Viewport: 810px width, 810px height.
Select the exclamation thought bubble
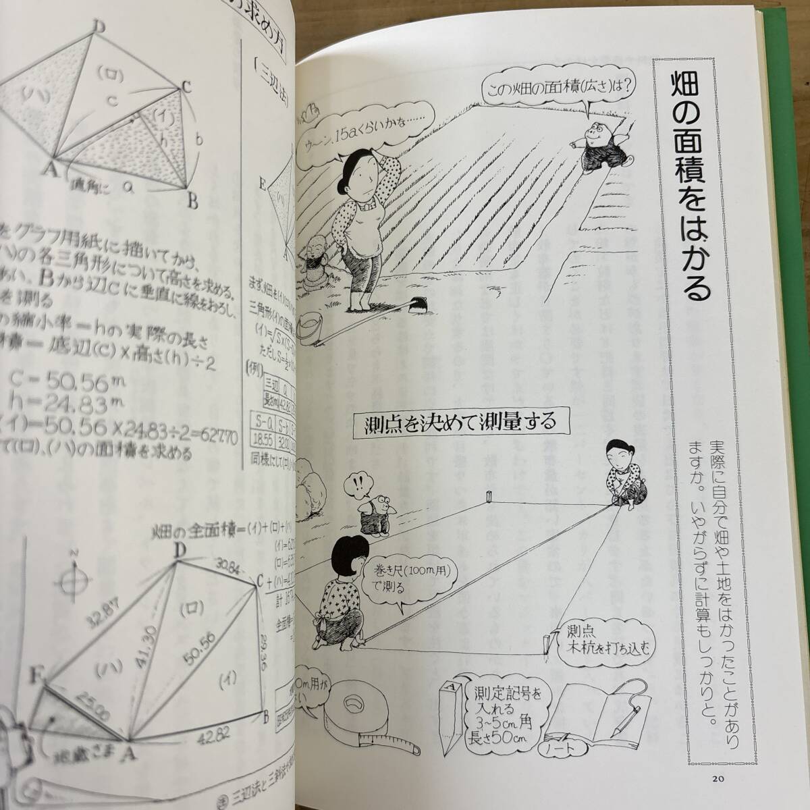pos(356,483)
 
